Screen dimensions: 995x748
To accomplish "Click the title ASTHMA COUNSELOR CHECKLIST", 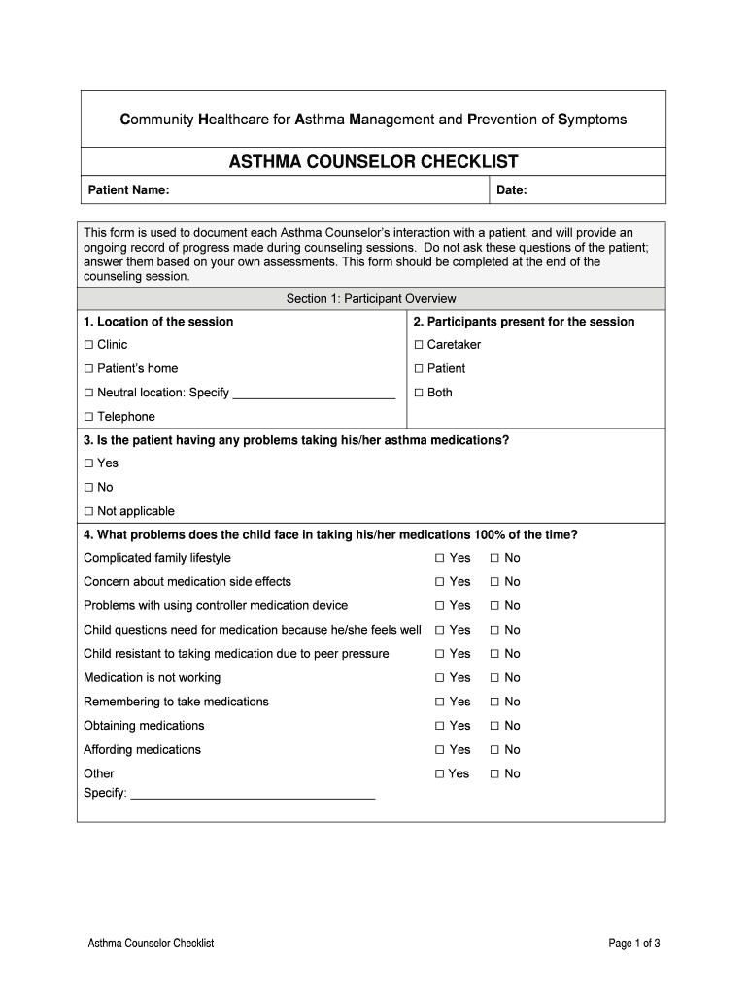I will [373, 162].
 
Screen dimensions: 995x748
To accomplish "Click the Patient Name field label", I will [129, 190].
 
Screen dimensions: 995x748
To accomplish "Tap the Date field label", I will [512, 190].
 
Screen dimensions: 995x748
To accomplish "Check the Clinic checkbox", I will [88, 345].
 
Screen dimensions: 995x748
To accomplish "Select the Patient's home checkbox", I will [88, 369].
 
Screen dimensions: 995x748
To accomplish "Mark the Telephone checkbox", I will [88, 417].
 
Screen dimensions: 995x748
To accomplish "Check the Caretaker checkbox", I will [419, 345].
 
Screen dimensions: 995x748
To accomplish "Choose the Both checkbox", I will [419, 394].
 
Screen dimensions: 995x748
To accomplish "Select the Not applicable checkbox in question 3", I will [88, 512].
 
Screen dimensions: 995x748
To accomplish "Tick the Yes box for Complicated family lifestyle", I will [440, 558].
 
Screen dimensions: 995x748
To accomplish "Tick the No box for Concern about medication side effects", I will [494, 582].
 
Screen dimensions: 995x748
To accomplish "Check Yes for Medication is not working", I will [440, 678].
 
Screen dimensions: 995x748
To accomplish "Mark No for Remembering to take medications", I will [494, 702].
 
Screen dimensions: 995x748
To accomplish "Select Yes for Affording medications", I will [440, 750].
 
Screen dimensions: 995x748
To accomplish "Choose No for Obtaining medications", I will [494, 726].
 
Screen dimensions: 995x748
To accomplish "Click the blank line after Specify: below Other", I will [253, 794].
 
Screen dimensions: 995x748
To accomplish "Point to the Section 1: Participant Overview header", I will [371, 299].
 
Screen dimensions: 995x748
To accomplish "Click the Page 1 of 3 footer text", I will [634, 944].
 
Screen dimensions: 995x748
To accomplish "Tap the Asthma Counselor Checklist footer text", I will [151, 944].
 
